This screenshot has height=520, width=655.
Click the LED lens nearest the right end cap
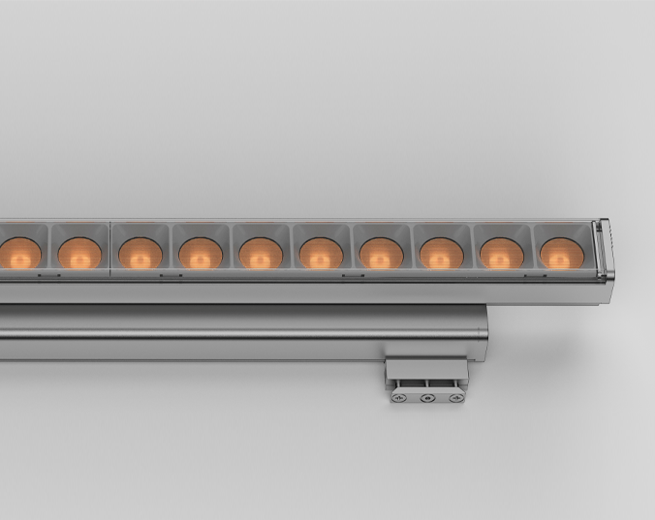click(559, 254)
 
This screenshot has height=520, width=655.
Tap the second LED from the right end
click(501, 254)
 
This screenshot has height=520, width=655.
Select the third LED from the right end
click(441, 254)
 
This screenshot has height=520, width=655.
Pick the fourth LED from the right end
click(381, 254)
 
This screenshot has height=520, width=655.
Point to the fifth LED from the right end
click(321, 254)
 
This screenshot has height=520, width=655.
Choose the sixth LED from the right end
click(261, 254)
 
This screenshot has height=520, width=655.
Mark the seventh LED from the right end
click(201, 254)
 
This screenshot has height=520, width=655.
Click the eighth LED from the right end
click(140, 254)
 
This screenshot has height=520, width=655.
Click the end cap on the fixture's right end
click(602, 253)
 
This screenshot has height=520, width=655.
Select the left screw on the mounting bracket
click(398, 397)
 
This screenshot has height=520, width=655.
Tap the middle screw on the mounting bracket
click(425, 397)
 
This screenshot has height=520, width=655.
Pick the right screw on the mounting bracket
click(452, 397)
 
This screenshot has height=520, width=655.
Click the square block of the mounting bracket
click(425, 372)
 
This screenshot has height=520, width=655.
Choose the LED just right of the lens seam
click(140, 254)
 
